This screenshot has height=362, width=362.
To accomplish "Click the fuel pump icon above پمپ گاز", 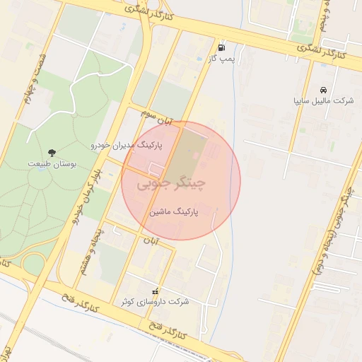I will click(x=223, y=49).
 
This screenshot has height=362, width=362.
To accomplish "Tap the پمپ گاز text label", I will click(x=221, y=60).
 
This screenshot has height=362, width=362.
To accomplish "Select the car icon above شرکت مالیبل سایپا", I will click(x=323, y=90).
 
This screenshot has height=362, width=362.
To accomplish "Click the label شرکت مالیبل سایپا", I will click(x=323, y=101).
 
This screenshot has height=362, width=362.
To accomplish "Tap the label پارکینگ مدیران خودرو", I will click(x=126, y=144).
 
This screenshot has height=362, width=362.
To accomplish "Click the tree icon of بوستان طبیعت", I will click(x=52, y=151).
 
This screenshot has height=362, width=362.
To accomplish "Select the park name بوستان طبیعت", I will click(x=52, y=163).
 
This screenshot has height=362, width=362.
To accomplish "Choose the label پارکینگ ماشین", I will click(x=174, y=211).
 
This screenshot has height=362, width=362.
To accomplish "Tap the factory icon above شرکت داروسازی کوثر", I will click(x=156, y=291).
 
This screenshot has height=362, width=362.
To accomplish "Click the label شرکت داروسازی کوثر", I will click(x=156, y=302).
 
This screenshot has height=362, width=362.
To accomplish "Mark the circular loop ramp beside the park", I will click(x=32, y=264).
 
